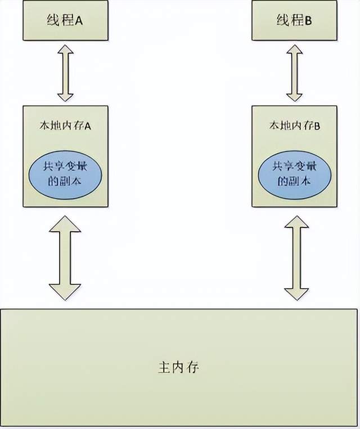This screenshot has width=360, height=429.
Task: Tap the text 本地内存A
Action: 65,126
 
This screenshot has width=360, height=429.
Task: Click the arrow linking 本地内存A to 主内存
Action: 66,257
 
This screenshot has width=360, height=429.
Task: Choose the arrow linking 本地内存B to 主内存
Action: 296,257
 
